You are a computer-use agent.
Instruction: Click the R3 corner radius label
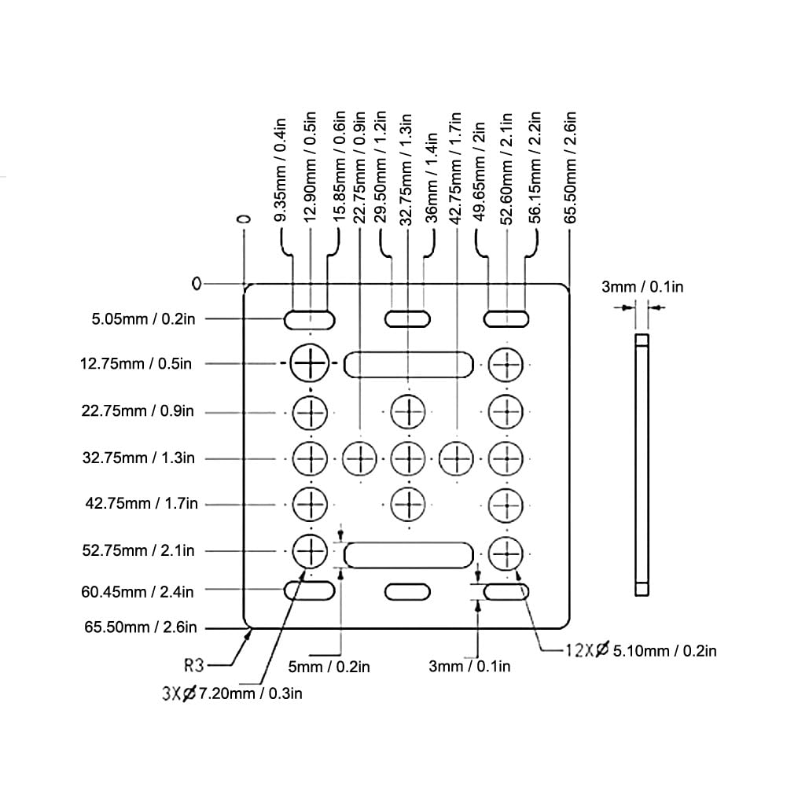coord(193,666)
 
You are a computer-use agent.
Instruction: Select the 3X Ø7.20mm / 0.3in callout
coord(231,693)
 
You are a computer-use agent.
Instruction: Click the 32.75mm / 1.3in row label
coord(139,457)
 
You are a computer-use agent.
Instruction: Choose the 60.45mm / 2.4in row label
coord(138,590)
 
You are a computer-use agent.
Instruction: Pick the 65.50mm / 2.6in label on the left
coord(141,627)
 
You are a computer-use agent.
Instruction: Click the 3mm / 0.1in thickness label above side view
coord(642,287)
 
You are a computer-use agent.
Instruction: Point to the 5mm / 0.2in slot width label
coord(329,667)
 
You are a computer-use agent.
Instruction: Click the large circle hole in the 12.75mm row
coord(311,363)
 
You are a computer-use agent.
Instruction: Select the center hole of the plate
coord(408,457)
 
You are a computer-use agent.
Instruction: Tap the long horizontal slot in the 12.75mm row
coord(409,365)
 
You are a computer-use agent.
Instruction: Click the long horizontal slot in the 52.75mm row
coord(409,554)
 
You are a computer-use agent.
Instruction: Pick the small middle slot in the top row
coord(408,318)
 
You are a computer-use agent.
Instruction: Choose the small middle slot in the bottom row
coord(408,590)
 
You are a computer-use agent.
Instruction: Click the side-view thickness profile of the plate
coord(642,464)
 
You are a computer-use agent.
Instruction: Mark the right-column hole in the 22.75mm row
coord(506,410)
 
